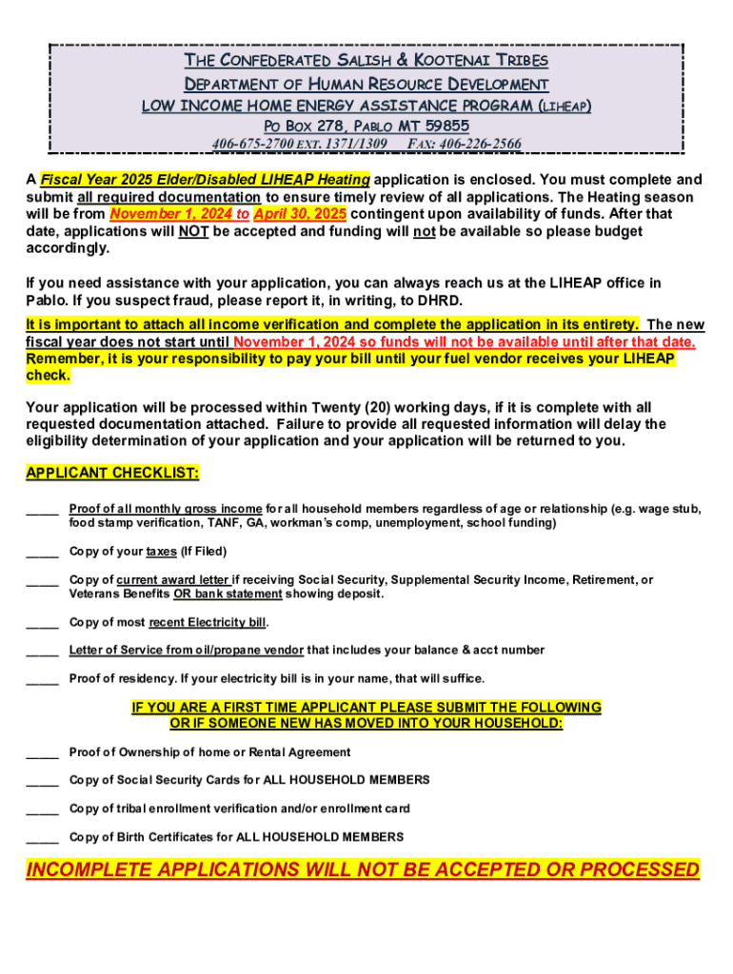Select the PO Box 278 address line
(366, 126)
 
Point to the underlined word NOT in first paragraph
(193, 231)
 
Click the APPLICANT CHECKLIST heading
(112, 474)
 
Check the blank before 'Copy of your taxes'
(42, 552)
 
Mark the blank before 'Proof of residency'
(42, 678)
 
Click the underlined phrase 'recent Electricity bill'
(208, 622)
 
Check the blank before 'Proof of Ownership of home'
(42, 752)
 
